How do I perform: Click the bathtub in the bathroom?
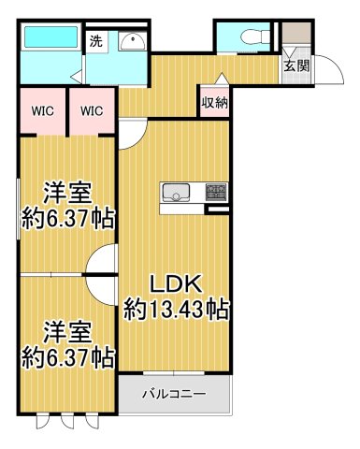click(x=49, y=39)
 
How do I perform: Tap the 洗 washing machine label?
click(x=95, y=41)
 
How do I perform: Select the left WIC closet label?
click(x=41, y=111)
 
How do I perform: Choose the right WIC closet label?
click(x=92, y=111)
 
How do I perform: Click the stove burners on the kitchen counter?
click(x=216, y=194)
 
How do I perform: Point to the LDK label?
click(x=178, y=284)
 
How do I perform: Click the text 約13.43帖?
click(x=178, y=307)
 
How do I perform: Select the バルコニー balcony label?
click(x=173, y=394)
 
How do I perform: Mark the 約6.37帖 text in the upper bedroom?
click(x=68, y=220)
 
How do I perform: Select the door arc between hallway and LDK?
click(x=131, y=137)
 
